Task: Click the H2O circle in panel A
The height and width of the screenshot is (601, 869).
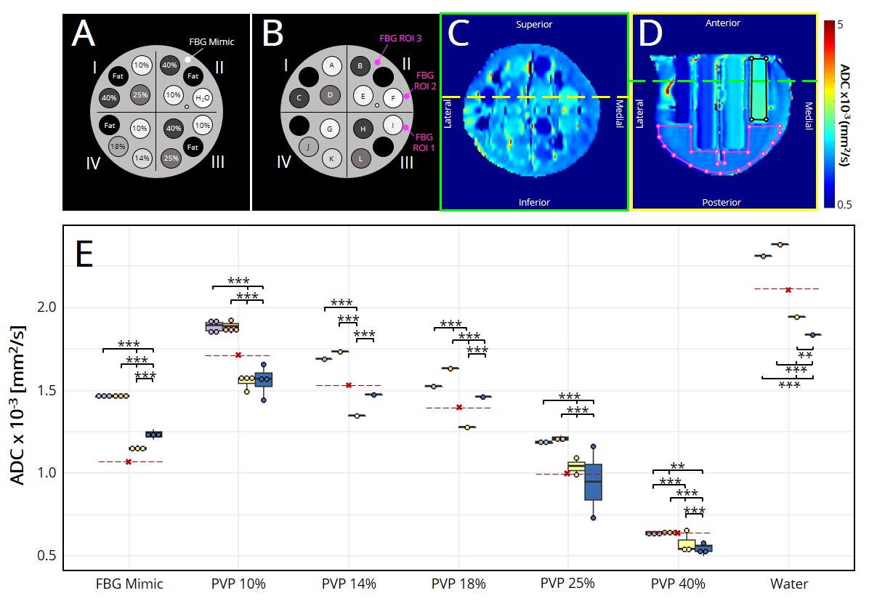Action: [202, 99]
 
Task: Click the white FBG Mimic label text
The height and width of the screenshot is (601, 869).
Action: [211, 41]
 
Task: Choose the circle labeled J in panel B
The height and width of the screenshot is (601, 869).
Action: [308, 146]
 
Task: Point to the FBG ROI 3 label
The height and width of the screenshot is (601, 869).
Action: [400, 36]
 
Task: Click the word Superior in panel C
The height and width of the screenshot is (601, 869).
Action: [534, 25]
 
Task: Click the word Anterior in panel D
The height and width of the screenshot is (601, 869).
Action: [723, 23]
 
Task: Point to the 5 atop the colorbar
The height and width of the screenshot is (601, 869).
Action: [840, 25]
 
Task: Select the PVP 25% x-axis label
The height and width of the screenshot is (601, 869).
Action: [567, 584]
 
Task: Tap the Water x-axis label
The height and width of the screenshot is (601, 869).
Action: [788, 584]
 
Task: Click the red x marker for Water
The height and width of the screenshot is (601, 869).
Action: [788, 289]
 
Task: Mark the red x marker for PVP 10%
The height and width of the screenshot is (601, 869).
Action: [238, 355]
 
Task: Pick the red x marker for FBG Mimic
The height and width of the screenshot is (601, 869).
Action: [129, 461]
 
